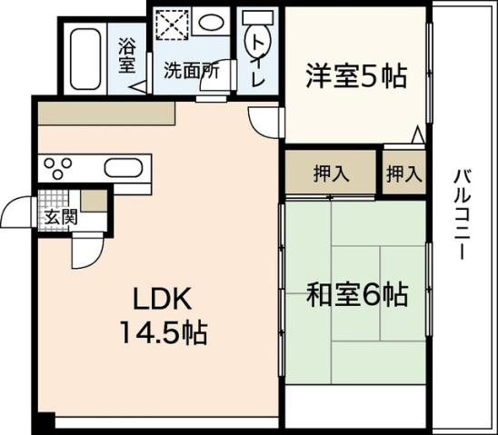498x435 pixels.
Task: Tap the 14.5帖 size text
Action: click(164, 332)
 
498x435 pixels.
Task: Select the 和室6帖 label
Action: click(355, 294)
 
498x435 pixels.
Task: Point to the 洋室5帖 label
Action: click(355, 76)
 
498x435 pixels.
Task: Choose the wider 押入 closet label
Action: click(329, 174)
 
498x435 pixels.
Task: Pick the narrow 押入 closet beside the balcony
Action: click(403, 174)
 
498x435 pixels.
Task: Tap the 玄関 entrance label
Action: click(61, 218)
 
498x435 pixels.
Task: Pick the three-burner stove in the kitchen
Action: click(56, 167)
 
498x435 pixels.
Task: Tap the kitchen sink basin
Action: click(121, 168)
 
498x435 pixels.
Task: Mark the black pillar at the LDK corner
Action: click(42, 423)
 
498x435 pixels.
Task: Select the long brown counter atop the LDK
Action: click(105, 114)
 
